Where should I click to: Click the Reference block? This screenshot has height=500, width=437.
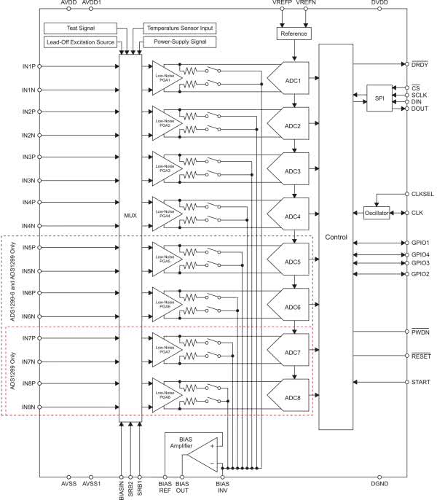pos(294,34)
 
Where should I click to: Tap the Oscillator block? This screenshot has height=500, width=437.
pos(377,213)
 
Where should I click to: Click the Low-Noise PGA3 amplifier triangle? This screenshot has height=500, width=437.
pos(162,169)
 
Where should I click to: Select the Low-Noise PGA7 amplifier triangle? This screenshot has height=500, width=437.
pos(162,351)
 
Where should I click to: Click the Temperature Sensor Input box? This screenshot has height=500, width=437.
pos(180,28)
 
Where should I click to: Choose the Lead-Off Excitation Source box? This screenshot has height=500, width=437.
pos(81,42)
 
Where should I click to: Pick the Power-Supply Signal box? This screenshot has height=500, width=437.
pos(180,42)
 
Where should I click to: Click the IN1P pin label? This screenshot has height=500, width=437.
pos(29,66)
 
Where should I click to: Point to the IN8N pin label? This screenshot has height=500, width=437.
pos(29,407)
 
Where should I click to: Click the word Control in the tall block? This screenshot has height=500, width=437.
pos(336,238)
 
